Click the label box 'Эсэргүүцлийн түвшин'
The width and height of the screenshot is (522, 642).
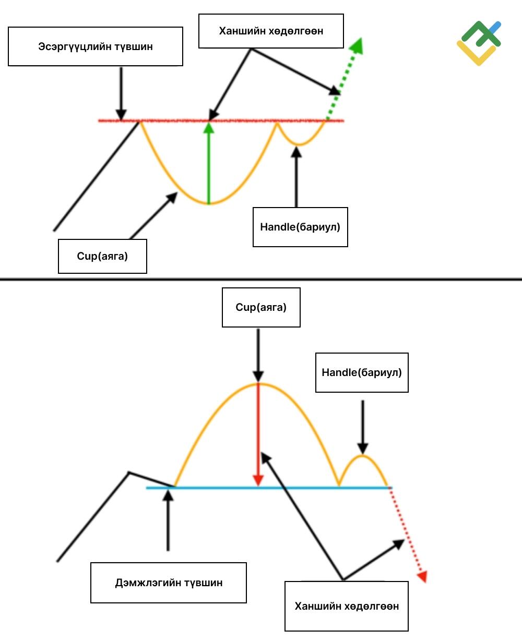tap(96, 46)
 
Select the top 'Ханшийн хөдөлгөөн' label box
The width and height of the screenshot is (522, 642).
tap(271, 31)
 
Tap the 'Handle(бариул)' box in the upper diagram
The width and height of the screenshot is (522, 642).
tap(300, 227)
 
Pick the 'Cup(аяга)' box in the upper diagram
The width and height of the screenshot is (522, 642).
tap(103, 256)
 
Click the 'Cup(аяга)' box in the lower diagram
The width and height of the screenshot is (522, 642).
tap(261, 307)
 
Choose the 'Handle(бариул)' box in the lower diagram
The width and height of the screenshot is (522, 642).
tap(362, 372)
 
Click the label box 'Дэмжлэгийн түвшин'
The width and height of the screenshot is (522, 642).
tap(169, 583)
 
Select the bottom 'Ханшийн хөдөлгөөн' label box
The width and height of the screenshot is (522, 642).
tap(347, 606)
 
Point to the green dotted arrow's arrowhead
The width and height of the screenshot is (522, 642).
tap(357, 45)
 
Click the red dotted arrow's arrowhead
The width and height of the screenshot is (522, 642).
tap(422, 576)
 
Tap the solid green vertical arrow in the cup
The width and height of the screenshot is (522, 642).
tap(208, 163)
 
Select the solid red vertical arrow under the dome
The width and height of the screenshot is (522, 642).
tap(258, 434)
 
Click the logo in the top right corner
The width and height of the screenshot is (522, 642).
tap(479, 43)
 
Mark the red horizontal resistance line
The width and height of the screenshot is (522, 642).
tap(221, 121)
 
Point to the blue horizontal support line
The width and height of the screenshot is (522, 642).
tap(269, 488)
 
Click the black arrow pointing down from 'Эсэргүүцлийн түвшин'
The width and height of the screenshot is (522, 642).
tap(121, 94)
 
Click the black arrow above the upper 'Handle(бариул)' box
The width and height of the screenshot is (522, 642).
tap(296, 177)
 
